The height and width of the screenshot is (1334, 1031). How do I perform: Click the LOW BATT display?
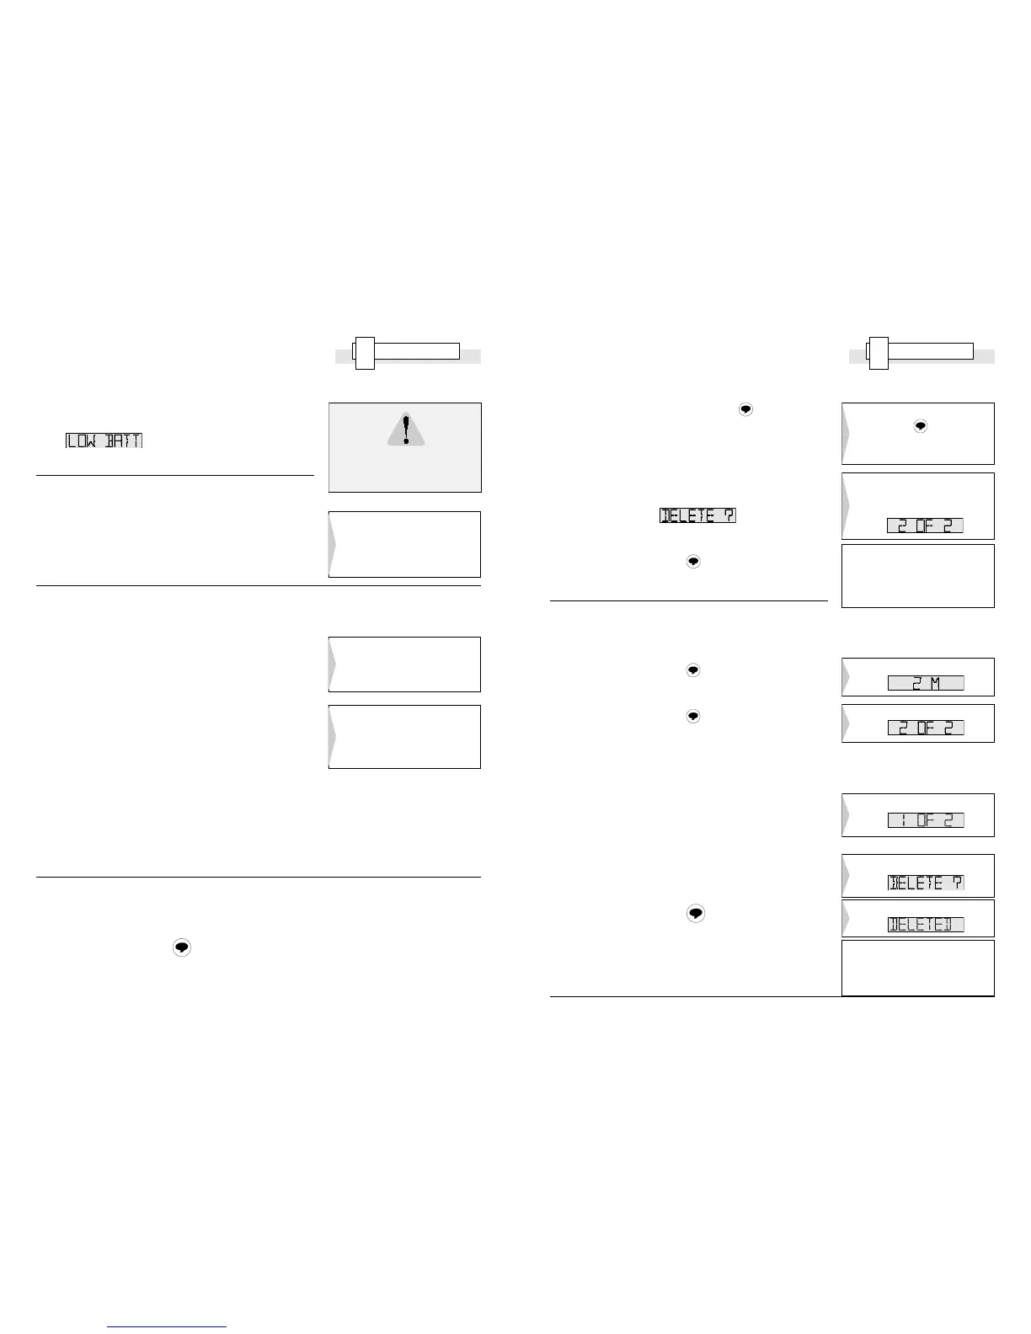click(x=104, y=440)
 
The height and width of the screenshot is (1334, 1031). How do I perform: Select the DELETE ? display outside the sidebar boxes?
click(x=697, y=515)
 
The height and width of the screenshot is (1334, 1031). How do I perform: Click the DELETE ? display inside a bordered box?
click(x=926, y=883)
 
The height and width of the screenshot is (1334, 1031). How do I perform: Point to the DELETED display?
click(x=926, y=925)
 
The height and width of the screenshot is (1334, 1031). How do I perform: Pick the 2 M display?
click(x=926, y=683)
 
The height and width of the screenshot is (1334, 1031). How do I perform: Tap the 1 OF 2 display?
click(x=926, y=820)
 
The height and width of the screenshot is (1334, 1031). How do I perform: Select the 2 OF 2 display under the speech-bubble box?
click(x=925, y=526)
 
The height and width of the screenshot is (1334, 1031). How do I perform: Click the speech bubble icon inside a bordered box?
click(x=921, y=427)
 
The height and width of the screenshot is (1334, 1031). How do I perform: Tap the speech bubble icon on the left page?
click(x=182, y=947)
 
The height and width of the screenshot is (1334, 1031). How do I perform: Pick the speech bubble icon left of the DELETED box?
click(x=694, y=913)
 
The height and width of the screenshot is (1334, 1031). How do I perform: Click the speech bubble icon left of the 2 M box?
click(x=692, y=670)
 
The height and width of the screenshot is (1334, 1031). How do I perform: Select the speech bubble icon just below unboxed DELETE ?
click(x=693, y=561)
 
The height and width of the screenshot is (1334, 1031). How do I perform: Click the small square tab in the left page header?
click(x=364, y=353)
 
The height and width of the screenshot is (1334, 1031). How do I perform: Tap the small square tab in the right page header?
click(x=879, y=353)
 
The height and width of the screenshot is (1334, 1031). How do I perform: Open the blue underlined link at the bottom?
click(x=168, y=1327)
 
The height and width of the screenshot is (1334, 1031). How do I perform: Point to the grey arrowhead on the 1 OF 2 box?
click(x=847, y=815)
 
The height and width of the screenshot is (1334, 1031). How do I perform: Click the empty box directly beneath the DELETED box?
click(x=917, y=968)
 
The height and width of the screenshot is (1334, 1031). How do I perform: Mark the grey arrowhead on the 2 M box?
click(x=847, y=677)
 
